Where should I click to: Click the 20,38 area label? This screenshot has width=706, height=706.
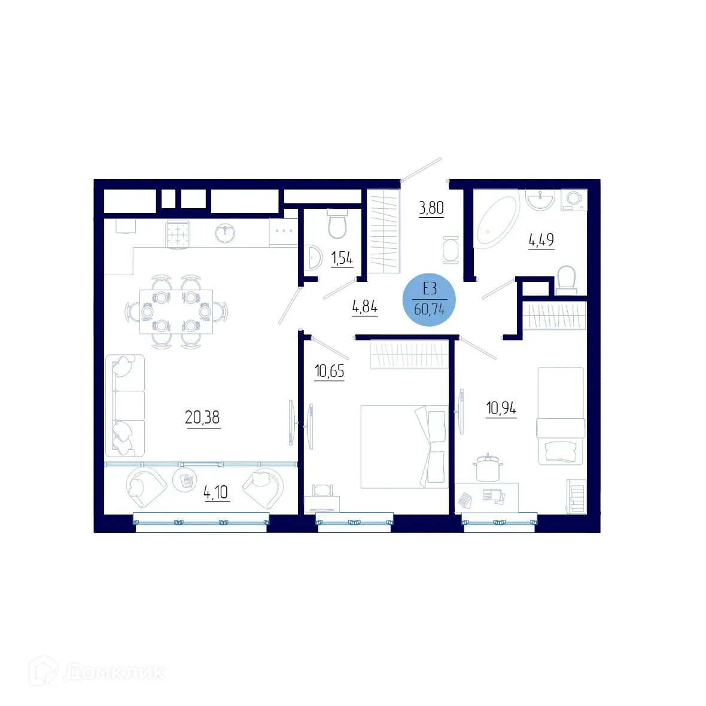click(x=202, y=417)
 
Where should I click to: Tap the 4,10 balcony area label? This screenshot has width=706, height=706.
click(x=216, y=492)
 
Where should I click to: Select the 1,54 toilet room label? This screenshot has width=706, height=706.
click(x=342, y=258)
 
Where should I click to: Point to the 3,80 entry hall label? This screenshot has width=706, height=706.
click(x=431, y=208)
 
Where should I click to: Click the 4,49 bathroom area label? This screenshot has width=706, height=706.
click(x=541, y=240)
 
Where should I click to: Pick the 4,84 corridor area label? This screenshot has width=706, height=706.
click(x=364, y=307)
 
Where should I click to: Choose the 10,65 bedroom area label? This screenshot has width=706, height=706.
click(x=329, y=371)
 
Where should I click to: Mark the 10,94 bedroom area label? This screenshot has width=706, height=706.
click(x=501, y=409)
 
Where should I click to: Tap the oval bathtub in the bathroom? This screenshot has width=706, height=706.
click(x=497, y=220)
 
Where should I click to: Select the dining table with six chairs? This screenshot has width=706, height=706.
click(x=176, y=311)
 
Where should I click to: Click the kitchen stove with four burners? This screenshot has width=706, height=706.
click(x=177, y=233)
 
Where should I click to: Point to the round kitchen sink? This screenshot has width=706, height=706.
click(x=226, y=233)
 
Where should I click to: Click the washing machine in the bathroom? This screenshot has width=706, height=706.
click(x=574, y=200)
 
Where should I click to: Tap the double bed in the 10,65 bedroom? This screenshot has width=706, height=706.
click(x=404, y=446)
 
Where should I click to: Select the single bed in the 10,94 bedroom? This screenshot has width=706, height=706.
click(x=561, y=416)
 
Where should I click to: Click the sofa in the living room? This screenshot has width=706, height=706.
click(x=125, y=406)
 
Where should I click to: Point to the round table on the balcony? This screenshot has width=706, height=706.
click(x=185, y=479)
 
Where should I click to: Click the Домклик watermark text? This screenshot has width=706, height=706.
click(x=114, y=672)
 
